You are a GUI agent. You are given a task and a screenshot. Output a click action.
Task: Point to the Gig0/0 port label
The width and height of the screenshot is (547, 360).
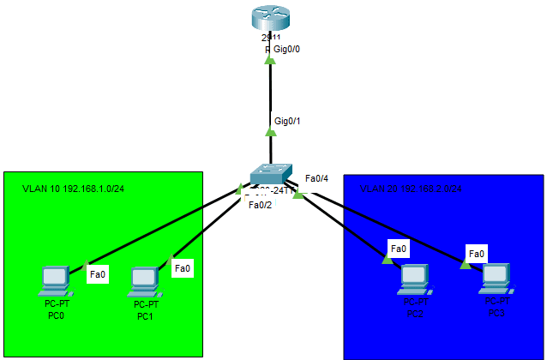[x=286, y=50]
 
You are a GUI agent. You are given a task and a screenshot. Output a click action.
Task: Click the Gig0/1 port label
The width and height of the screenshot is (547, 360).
[x=287, y=121]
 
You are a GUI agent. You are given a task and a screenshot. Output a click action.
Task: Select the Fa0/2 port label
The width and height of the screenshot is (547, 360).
[x=260, y=204]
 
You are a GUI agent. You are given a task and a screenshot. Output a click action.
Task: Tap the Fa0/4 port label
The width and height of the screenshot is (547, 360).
[x=316, y=179]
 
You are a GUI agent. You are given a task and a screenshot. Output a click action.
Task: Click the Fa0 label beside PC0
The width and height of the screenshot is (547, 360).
[x=98, y=275]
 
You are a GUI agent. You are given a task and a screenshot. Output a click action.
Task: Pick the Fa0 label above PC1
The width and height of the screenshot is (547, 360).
[x=182, y=268]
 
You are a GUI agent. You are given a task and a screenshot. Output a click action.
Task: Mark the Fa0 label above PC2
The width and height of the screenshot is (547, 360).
[x=398, y=249]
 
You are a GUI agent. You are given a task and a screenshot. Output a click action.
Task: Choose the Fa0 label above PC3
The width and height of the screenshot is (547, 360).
[x=476, y=254]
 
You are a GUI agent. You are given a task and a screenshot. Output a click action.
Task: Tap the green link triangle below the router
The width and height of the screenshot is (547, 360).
[x=270, y=60]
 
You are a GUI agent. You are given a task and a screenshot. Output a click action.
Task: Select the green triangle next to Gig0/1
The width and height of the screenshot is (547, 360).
[x=271, y=131]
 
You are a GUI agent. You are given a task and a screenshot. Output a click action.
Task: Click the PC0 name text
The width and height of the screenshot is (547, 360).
[x=56, y=315]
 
